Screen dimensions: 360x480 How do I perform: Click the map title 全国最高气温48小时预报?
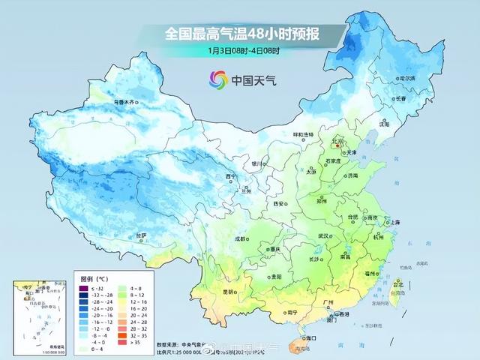(x=244, y=34)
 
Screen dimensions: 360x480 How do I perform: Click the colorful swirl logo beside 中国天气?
(x=218, y=78)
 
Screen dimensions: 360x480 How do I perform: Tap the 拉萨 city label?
(x=141, y=236)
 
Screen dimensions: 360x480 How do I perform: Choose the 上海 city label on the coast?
(x=390, y=222)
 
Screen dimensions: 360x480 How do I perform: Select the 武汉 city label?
(x=325, y=235)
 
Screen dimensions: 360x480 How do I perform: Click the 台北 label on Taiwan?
(x=398, y=284)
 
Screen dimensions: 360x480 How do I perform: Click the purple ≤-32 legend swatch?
(x=85, y=287)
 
